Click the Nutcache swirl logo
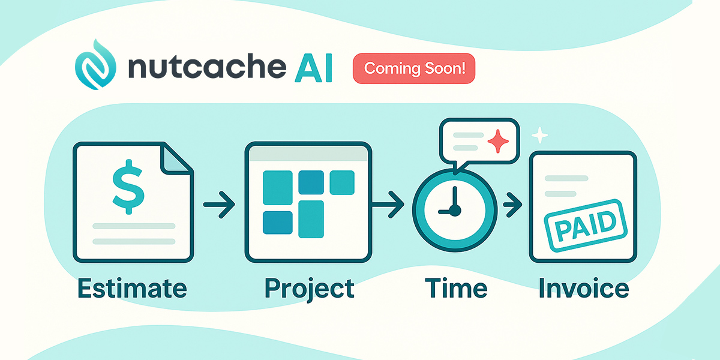[x=95, y=65]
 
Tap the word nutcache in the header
[x=207, y=67]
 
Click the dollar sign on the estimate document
[x=128, y=187]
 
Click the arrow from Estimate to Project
[x=219, y=205]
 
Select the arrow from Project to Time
[x=388, y=205]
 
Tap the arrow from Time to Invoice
[x=512, y=205]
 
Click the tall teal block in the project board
[x=311, y=219]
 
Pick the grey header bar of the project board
[x=308, y=154]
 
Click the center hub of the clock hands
[x=455, y=211]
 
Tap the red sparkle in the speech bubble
[x=498, y=141]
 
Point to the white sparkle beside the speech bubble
[x=539, y=135]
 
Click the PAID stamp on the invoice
[x=586, y=226]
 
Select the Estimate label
[x=132, y=289]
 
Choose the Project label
[x=309, y=290]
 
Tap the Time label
[x=456, y=288]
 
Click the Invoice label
[x=583, y=288]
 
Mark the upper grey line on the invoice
[x=566, y=178]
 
